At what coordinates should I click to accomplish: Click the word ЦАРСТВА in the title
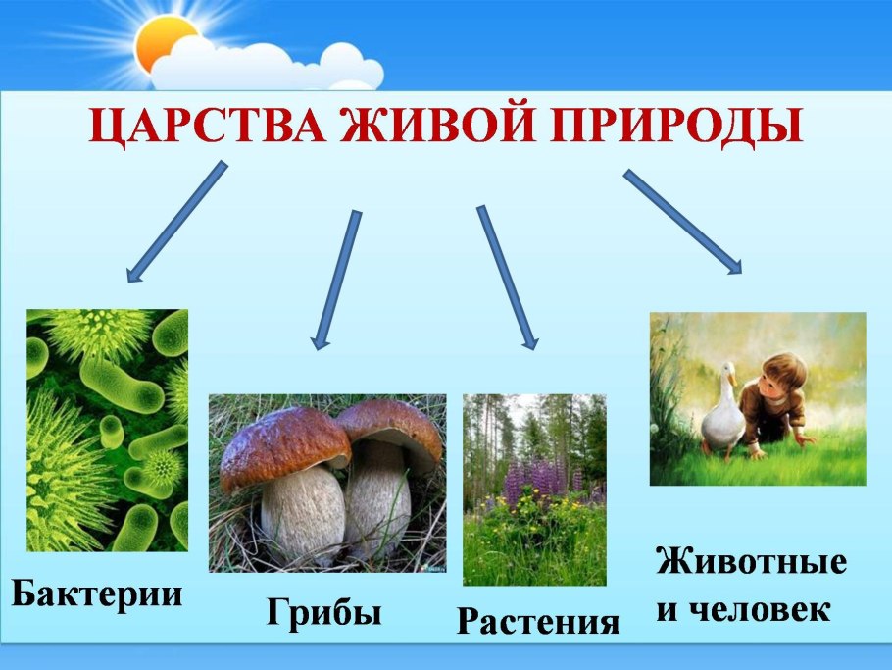(208, 127)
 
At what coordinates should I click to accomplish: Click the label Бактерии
(97, 594)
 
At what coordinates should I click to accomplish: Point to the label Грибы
(323, 613)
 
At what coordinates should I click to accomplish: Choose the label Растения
(538, 621)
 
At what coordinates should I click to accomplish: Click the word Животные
(752, 561)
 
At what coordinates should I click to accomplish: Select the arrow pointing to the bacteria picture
(176, 222)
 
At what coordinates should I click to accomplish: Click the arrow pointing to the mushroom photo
(336, 280)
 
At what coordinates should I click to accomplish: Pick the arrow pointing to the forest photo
(508, 278)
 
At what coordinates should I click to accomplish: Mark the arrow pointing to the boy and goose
(682, 222)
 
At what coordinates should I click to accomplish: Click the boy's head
(782, 378)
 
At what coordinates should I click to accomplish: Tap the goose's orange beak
(733, 379)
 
